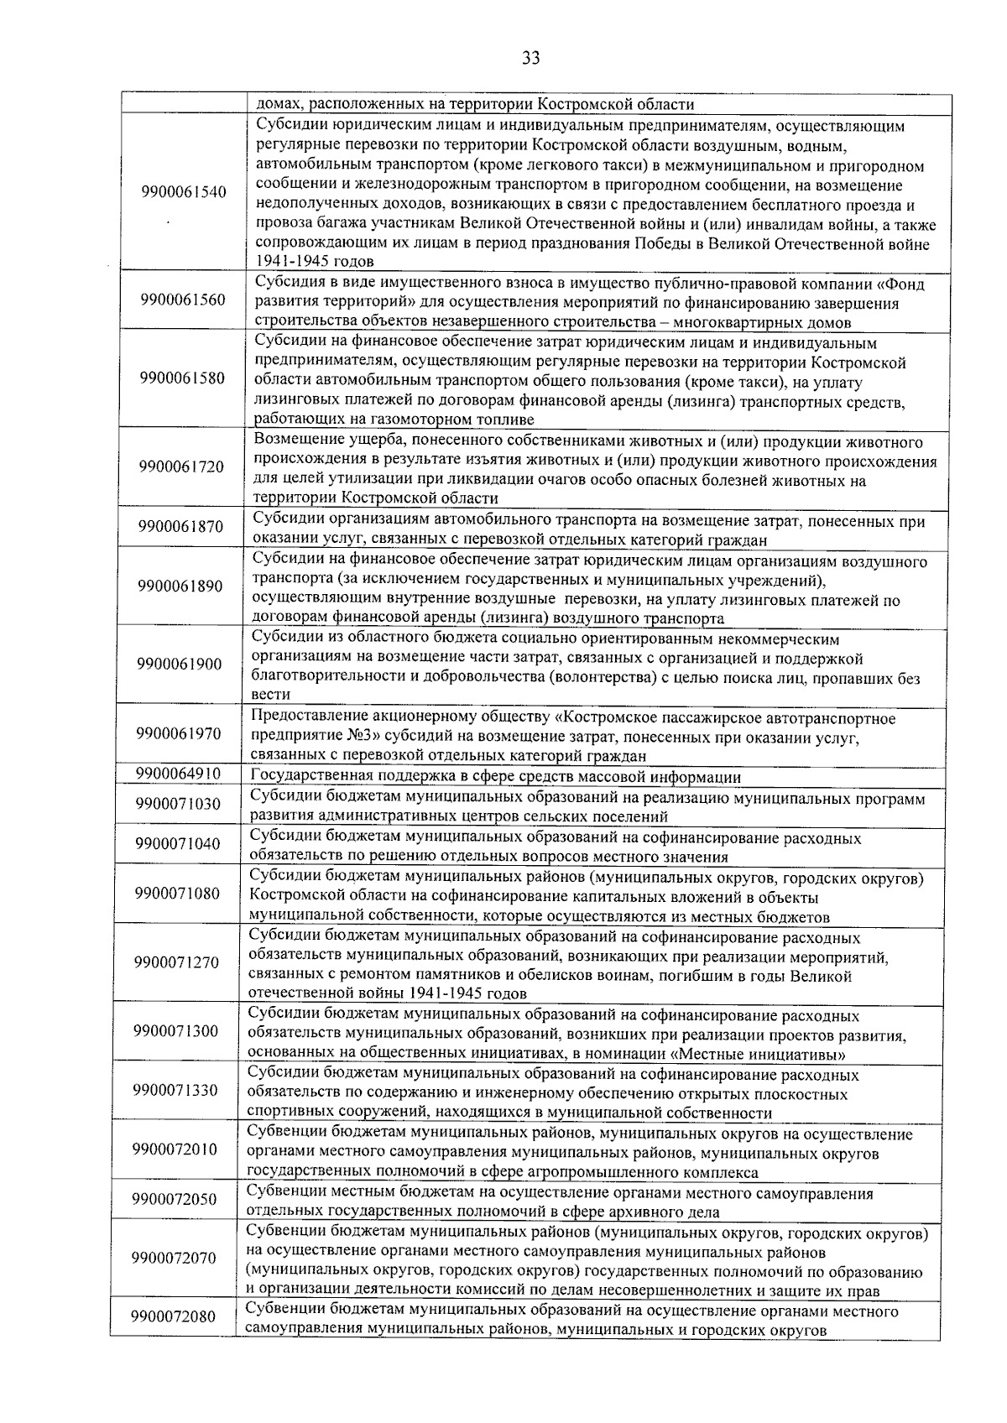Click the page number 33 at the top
(x=530, y=58)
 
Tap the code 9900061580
(x=183, y=378)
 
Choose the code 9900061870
(x=181, y=527)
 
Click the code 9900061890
(x=180, y=586)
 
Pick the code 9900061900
(x=180, y=665)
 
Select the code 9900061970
(x=179, y=733)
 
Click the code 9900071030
(x=178, y=804)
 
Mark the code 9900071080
(x=177, y=893)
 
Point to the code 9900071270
(x=176, y=962)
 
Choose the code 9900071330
(x=175, y=1090)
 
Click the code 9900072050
(x=175, y=1200)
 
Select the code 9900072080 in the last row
(x=174, y=1317)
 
